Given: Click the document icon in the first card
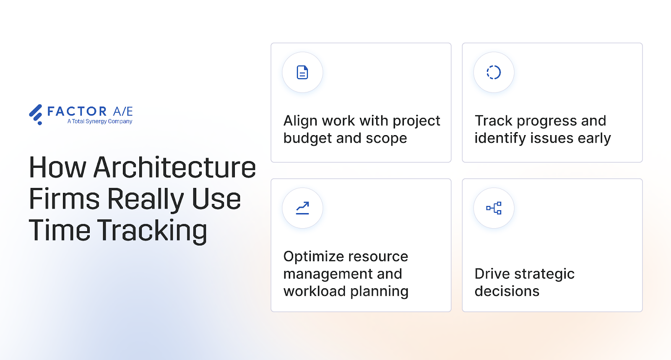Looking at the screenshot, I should pyautogui.click(x=302, y=72).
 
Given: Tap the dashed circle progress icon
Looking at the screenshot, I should pyautogui.click(x=494, y=72).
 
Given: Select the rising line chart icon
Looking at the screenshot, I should pyautogui.click(x=302, y=208).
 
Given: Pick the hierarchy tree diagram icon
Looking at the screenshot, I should pyautogui.click(x=494, y=208).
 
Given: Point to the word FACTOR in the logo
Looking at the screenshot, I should pyautogui.click(x=77, y=111).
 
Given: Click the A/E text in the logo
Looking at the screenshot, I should pyautogui.click(x=123, y=111).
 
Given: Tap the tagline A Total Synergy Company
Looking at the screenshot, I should pyautogui.click(x=100, y=121).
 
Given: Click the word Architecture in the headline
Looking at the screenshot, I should pyautogui.click(x=174, y=167).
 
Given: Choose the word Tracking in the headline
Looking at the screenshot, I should pyautogui.click(x=153, y=231).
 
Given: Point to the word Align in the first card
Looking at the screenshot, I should pyautogui.click(x=300, y=121).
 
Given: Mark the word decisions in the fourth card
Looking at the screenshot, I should pyautogui.click(x=507, y=291).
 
